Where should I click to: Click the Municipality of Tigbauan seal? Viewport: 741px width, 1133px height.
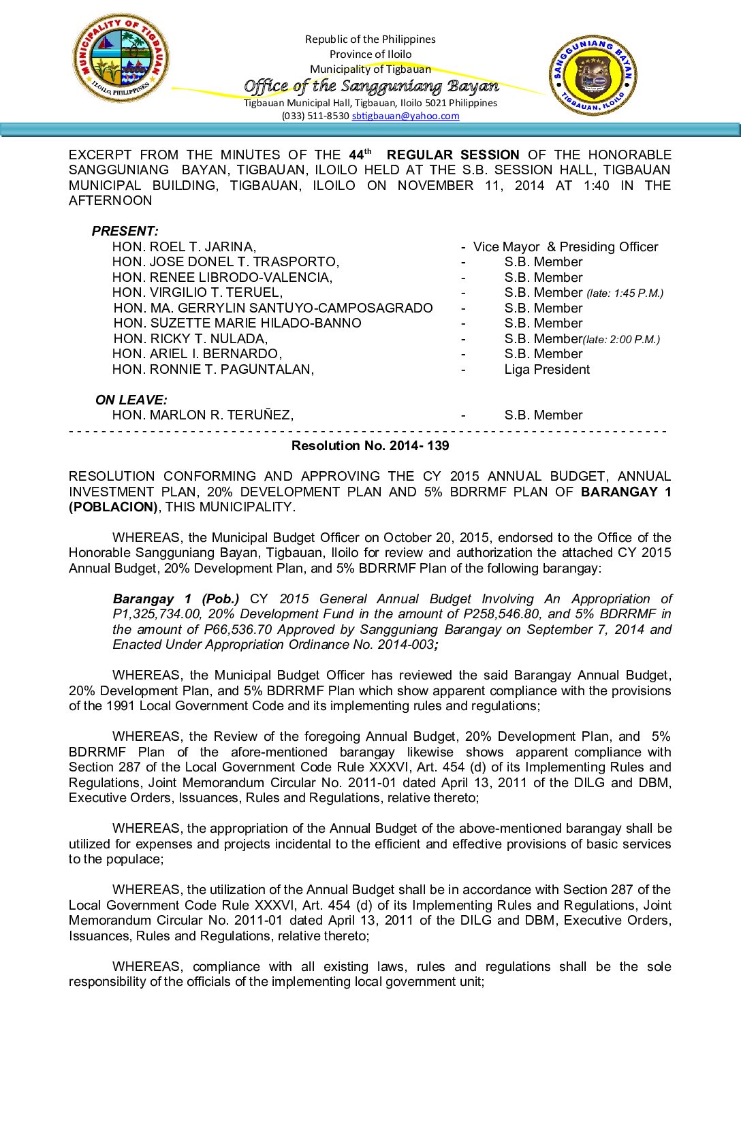click(x=121, y=58)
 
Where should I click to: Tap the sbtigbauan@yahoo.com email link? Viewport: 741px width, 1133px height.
click(x=405, y=116)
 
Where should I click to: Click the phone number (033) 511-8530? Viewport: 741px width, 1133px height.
click(x=315, y=116)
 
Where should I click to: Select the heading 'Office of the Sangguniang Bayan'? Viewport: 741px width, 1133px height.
click(x=371, y=86)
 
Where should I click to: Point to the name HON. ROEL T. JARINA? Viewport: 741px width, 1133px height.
click(x=184, y=247)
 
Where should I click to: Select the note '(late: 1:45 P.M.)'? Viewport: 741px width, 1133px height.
click(x=625, y=293)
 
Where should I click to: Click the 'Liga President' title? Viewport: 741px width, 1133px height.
click(x=547, y=370)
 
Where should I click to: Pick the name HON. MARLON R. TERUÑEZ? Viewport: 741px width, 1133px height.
click(x=202, y=415)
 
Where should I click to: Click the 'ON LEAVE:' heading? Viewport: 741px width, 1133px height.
click(x=131, y=400)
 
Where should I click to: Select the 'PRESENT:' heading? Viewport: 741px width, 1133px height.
click(x=125, y=232)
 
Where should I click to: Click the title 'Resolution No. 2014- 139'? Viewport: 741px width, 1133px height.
click(x=370, y=446)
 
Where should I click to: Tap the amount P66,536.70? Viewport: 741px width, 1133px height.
click(x=238, y=630)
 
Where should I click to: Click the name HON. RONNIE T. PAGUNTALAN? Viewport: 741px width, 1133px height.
click(x=212, y=370)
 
